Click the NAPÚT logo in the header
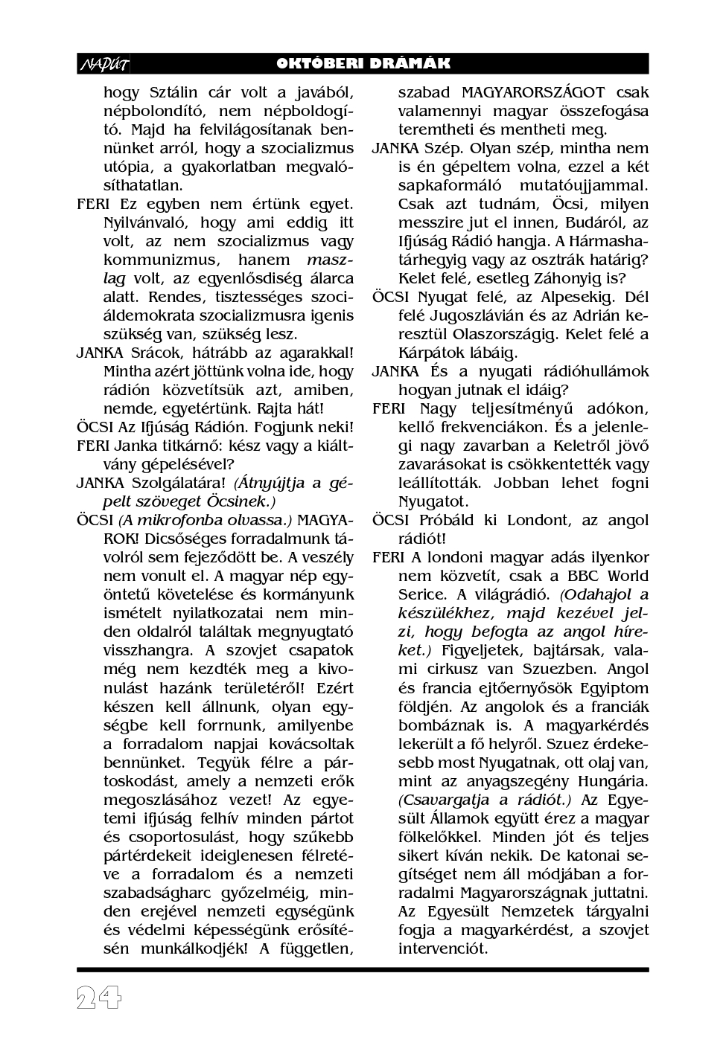tap(104, 65)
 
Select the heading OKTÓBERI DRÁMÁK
tap(363, 64)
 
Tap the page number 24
tap(99, 998)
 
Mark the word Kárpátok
tap(430, 353)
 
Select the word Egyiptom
tap(608, 688)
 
